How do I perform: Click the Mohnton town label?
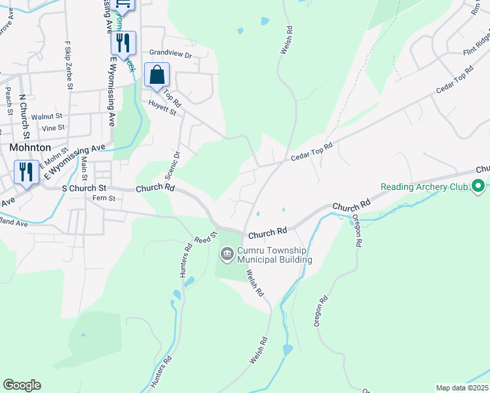pos(30,148)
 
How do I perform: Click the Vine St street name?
pos(52,128)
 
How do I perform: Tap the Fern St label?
pos(104,198)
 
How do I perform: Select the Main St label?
pos(85,168)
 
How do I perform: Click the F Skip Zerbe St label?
pos(68,65)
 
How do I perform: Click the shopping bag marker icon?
pos(157,75)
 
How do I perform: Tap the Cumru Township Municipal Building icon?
pos(227,253)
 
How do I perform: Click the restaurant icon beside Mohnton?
pos(26,173)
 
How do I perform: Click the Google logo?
pos(22,385)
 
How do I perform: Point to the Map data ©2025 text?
pos(461,388)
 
